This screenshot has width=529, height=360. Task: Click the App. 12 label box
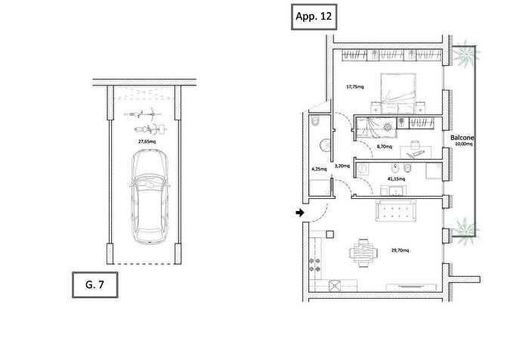tap(314, 17)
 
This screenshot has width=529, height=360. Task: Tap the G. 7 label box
tap(95, 284)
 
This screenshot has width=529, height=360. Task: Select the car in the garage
tap(150, 197)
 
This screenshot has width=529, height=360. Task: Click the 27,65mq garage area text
tap(147, 141)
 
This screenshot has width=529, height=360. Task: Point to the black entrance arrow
tap(300, 213)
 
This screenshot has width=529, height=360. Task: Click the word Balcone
tap(462, 138)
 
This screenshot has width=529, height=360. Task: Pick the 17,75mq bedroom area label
tap(355, 87)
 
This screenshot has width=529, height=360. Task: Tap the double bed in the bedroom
tap(398, 93)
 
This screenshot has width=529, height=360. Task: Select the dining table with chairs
tap(363, 253)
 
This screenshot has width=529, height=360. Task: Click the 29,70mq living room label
tap(400, 250)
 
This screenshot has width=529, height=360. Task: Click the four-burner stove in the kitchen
tap(315, 265)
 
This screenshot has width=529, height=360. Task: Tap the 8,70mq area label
tap(384, 147)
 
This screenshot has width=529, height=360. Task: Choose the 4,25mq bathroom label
tap(319, 169)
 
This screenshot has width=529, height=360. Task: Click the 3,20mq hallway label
tap(342, 166)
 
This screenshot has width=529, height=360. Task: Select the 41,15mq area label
tap(396, 178)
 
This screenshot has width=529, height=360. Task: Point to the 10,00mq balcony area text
tap(463, 144)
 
